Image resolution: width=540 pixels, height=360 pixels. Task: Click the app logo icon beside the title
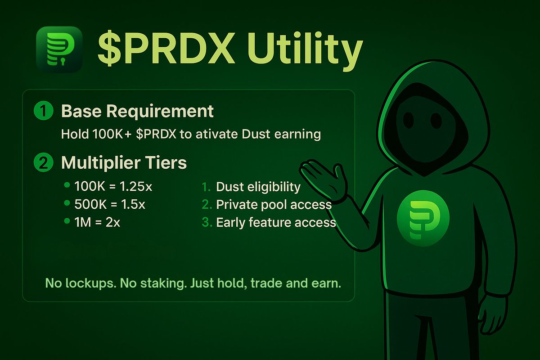point(59,49)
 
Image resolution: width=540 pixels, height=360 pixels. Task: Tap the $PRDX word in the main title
point(166,48)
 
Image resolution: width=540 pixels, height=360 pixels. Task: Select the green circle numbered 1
point(44,110)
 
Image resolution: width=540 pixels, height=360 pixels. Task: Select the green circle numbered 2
point(44,162)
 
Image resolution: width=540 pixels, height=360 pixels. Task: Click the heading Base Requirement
point(137,112)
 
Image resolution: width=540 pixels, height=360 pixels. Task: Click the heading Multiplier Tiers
point(124,163)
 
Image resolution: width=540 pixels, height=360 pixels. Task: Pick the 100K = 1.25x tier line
point(113,186)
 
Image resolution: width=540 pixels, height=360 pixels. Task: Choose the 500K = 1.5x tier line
point(110,204)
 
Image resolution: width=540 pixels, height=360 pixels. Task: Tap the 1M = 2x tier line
point(97,222)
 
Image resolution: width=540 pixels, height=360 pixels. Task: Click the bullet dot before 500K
point(67,203)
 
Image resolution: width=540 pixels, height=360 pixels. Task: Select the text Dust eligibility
point(258,187)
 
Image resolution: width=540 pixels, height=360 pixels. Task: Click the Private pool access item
point(274,204)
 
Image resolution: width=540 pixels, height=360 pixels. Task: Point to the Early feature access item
point(276,222)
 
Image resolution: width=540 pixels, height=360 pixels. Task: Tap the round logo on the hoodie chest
point(423,218)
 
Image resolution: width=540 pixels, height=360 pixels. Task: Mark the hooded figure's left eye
point(409,120)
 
